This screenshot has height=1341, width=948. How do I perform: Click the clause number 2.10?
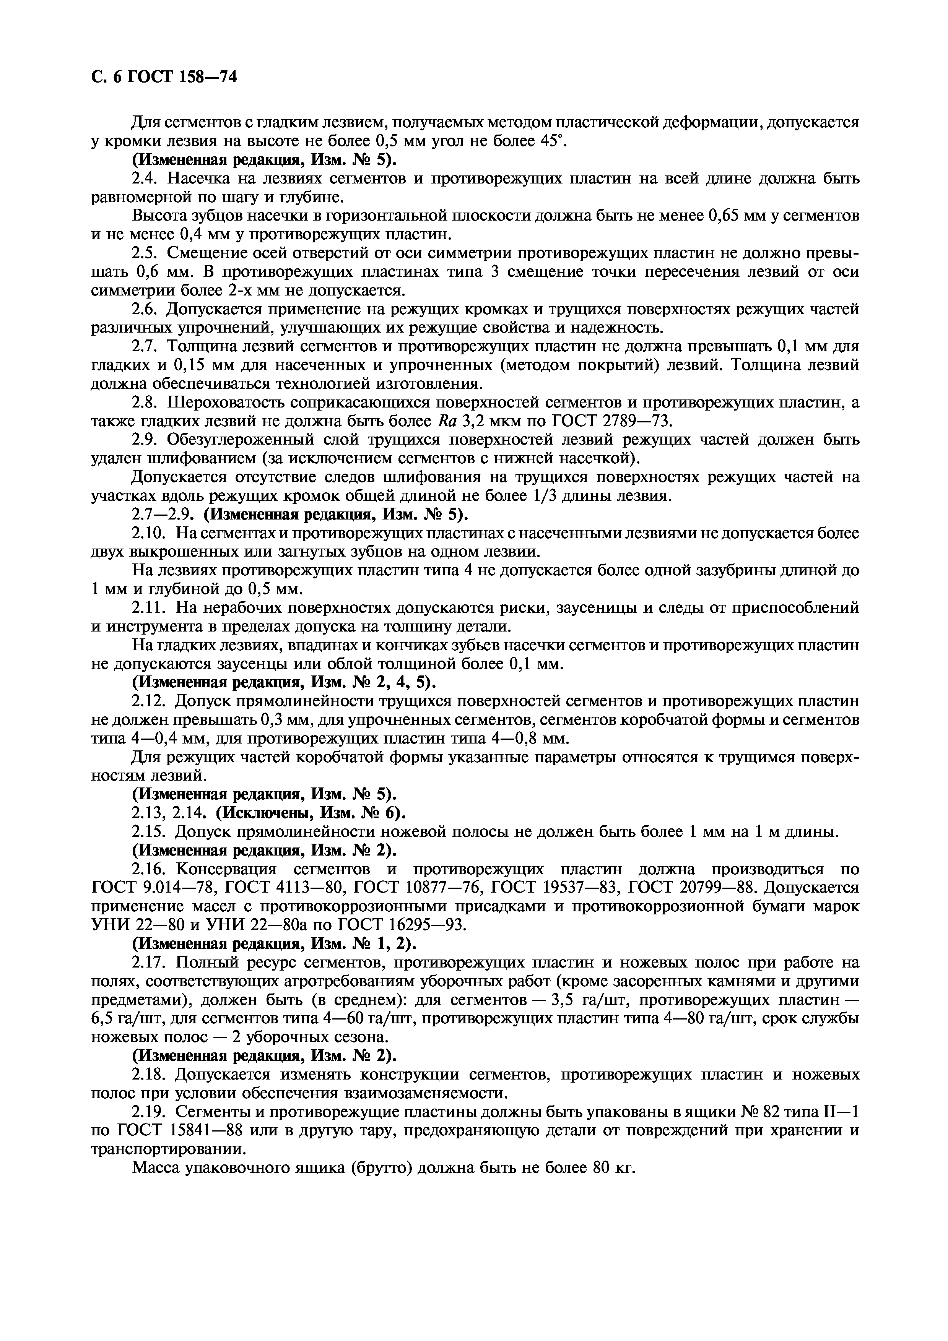150,533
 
